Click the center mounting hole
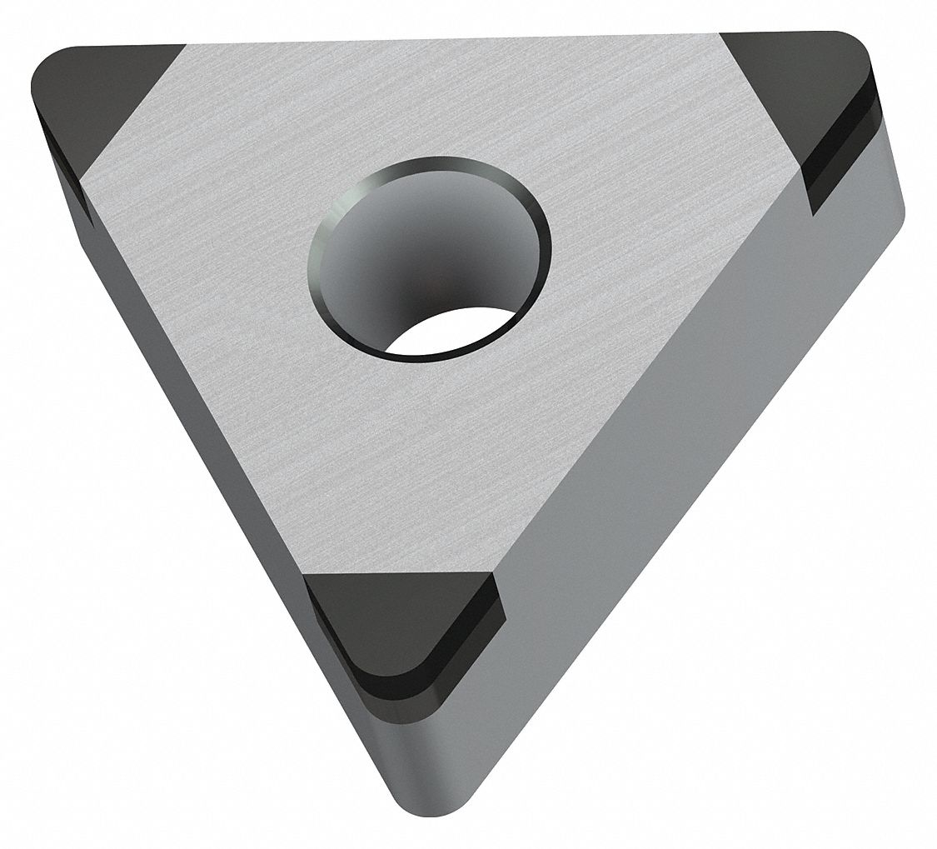tap(429, 256)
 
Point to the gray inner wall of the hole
tap(416, 242)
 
